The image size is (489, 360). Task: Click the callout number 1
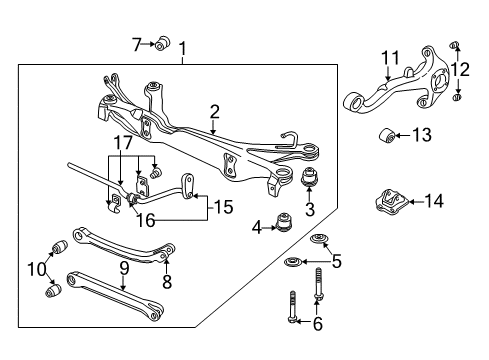click(x=182, y=48)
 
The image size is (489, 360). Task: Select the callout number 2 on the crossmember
click(x=214, y=113)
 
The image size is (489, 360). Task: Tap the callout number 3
click(x=309, y=209)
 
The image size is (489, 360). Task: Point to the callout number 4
click(x=257, y=227)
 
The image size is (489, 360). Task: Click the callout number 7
click(x=138, y=43)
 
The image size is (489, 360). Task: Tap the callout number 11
click(x=391, y=58)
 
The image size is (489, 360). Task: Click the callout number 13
click(x=423, y=134)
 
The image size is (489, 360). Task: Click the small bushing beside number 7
click(x=161, y=43)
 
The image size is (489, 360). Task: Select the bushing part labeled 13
click(x=389, y=134)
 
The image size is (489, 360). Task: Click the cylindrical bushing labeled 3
click(x=309, y=181)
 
